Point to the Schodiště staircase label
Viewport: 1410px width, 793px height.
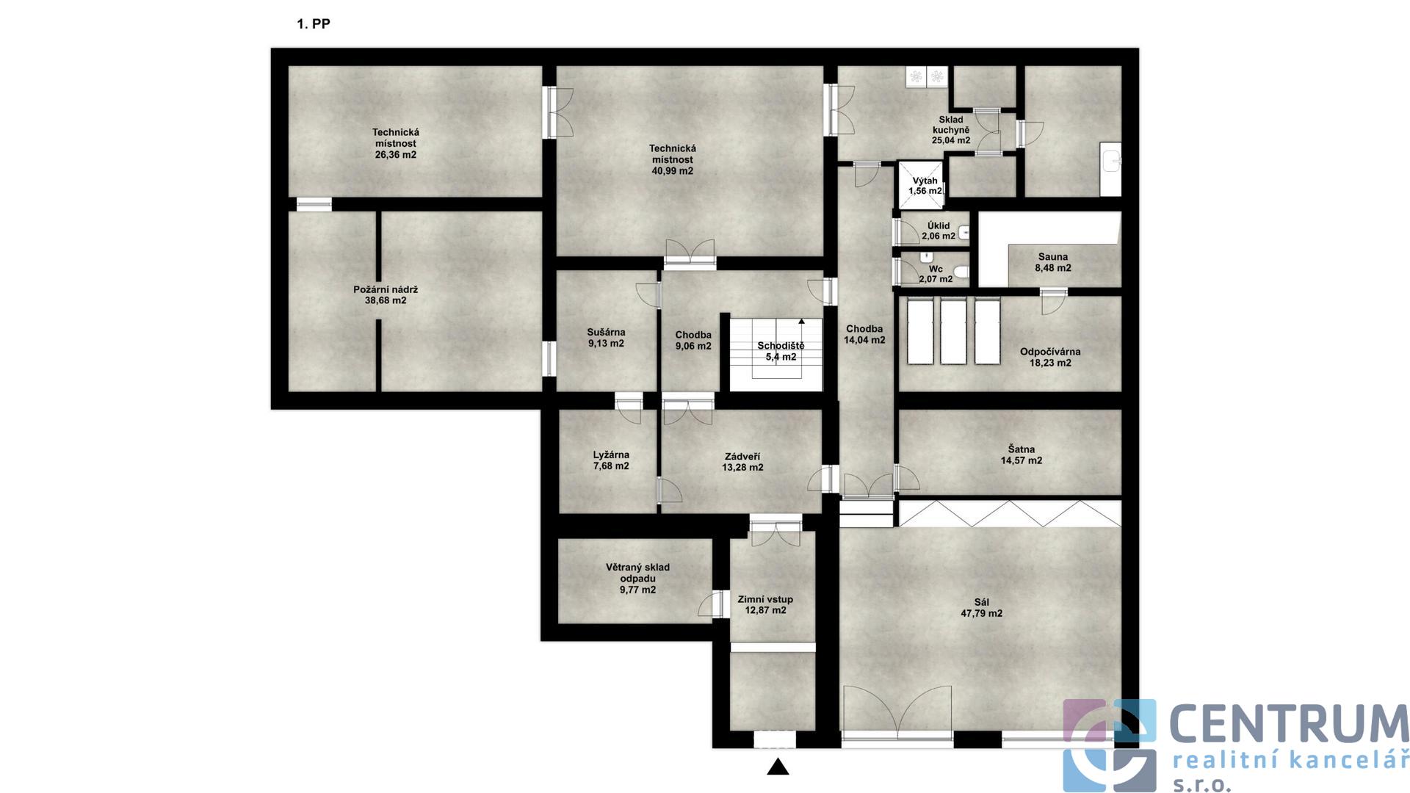pos(781,346)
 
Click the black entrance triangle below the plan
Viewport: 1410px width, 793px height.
pos(778,767)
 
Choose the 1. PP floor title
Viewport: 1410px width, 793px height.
pos(314,23)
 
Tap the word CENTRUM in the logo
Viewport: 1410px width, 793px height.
pos(1288,724)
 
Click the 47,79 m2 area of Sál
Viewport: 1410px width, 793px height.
pos(981,614)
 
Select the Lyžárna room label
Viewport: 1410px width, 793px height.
pos(611,455)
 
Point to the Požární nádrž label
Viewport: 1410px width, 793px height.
pos(386,289)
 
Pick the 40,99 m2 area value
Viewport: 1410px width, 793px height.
pos(672,171)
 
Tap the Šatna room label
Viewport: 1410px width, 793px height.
pos(1022,449)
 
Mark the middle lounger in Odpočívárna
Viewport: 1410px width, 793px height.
pos(953,331)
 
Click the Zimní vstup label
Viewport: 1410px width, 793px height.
pos(765,599)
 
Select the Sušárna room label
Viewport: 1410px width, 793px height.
pos(606,333)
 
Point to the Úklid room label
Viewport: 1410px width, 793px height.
pos(939,225)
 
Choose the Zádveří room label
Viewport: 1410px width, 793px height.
pos(742,457)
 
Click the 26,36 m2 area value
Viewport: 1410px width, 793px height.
pos(396,155)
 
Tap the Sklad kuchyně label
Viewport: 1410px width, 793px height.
pos(951,125)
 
